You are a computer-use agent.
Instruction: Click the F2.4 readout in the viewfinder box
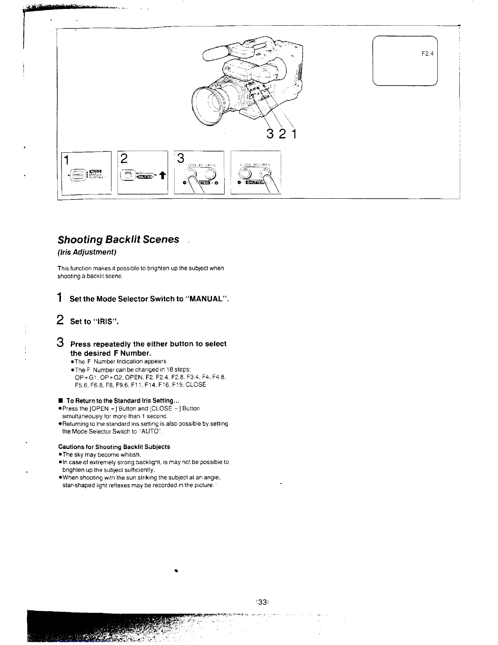tap(426, 53)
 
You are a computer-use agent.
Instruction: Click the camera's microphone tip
tap(207, 54)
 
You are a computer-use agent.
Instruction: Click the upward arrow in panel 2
tap(161, 176)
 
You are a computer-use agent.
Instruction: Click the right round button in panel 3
tap(210, 174)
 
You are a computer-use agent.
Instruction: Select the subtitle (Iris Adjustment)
tap(87, 252)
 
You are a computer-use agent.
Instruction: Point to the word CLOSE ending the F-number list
tap(197, 385)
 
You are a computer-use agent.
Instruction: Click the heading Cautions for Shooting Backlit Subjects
tap(114, 447)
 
